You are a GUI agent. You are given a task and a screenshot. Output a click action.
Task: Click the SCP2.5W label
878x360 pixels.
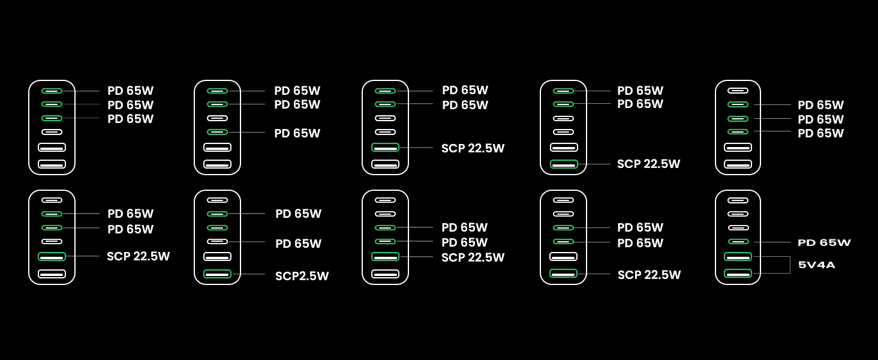(302, 276)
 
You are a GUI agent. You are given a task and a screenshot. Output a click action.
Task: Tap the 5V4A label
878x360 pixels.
(816, 265)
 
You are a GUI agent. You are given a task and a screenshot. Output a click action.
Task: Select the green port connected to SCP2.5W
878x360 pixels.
(217, 274)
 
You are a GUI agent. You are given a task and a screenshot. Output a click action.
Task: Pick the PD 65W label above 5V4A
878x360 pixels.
(824, 242)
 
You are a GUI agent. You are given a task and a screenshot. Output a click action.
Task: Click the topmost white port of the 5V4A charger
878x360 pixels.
(738, 200)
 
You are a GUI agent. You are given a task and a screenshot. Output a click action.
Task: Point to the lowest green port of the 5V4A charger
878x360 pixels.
(738, 274)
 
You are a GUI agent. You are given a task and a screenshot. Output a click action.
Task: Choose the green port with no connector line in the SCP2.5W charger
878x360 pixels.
(217, 227)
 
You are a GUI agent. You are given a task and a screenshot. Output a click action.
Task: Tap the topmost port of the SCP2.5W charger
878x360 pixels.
(217, 200)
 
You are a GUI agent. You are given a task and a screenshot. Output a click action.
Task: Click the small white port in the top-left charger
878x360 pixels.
(52, 132)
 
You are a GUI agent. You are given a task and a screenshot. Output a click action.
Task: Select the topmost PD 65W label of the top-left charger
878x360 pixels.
(130, 91)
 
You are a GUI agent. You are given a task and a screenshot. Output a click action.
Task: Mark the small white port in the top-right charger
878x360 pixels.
(738, 91)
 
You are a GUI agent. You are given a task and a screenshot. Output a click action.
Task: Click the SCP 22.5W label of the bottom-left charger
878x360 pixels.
(138, 256)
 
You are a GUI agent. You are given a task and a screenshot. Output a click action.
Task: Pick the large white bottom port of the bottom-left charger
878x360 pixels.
(52, 274)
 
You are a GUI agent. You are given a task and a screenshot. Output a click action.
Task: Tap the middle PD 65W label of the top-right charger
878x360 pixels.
(820, 119)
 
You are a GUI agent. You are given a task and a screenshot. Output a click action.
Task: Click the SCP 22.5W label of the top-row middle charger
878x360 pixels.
(473, 148)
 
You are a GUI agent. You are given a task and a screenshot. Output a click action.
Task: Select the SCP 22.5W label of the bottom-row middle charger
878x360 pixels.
(473, 257)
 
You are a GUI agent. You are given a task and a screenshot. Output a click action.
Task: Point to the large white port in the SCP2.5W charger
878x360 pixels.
(217, 257)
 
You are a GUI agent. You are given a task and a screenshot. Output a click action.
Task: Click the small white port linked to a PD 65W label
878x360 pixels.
(217, 241)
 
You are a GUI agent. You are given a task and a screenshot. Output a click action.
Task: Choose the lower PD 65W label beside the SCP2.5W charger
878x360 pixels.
(298, 244)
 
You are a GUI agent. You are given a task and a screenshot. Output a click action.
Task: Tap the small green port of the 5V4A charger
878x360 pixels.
(738, 241)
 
